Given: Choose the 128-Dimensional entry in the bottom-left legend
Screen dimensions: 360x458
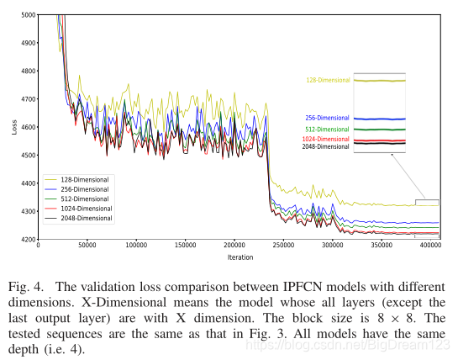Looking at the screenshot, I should (x=87, y=180).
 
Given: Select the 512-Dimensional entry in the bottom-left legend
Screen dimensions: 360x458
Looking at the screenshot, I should (x=87, y=199).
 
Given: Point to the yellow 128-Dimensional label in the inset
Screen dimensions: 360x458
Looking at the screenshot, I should (x=327, y=81).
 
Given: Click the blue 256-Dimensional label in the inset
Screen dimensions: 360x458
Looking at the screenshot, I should (x=327, y=119).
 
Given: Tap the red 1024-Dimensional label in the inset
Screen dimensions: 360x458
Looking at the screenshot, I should (x=326, y=139).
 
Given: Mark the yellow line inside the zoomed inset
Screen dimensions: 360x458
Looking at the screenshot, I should (x=380, y=81).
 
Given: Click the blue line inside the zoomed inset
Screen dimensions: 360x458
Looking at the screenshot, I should (x=380, y=119).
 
